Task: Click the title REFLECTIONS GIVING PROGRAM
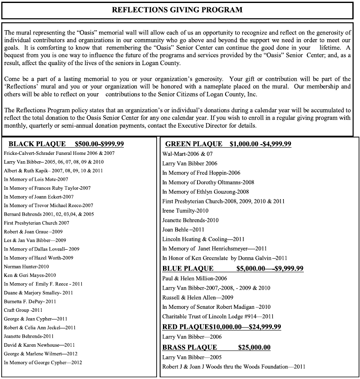[177, 10]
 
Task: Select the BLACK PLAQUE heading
[37, 144]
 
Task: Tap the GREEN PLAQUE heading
[194, 144]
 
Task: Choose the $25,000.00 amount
[254, 348]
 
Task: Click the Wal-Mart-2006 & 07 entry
[187, 154]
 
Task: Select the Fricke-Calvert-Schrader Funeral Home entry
[59, 153]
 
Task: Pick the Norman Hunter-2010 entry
[26, 267]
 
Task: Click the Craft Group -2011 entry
[23, 310]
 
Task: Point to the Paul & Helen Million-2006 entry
[194, 279]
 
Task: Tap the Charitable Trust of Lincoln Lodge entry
[218, 316]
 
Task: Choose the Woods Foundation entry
[234, 367]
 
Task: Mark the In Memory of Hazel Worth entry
[38, 258]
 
